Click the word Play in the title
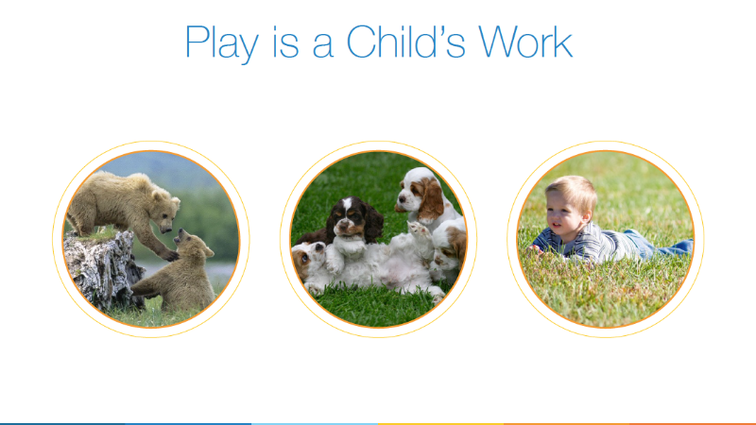click(222, 43)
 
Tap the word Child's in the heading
click(406, 42)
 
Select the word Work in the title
click(525, 42)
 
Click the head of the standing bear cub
click(166, 210)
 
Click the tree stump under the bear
click(102, 270)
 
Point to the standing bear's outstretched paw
click(170, 254)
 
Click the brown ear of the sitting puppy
click(431, 199)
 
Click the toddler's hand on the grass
click(535, 249)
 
